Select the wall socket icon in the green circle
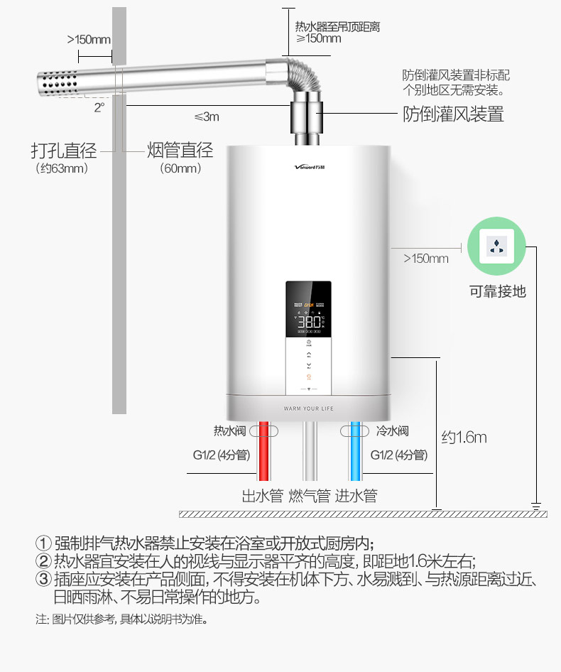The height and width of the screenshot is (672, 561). (x=496, y=246)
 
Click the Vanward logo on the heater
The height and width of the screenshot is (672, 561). (x=309, y=168)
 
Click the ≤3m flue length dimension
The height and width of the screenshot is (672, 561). (x=207, y=116)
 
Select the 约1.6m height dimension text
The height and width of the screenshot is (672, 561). (x=464, y=437)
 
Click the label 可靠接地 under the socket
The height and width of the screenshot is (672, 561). (x=497, y=291)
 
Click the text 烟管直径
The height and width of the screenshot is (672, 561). (x=180, y=151)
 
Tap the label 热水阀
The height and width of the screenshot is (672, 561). (x=229, y=431)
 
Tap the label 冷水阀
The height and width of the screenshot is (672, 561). (x=393, y=431)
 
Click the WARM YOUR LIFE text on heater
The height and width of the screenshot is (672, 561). (x=308, y=408)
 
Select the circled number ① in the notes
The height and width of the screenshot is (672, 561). (x=44, y=543)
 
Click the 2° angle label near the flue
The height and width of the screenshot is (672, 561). (x=99, y=108)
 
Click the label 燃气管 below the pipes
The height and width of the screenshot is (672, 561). (x=310, y=496)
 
